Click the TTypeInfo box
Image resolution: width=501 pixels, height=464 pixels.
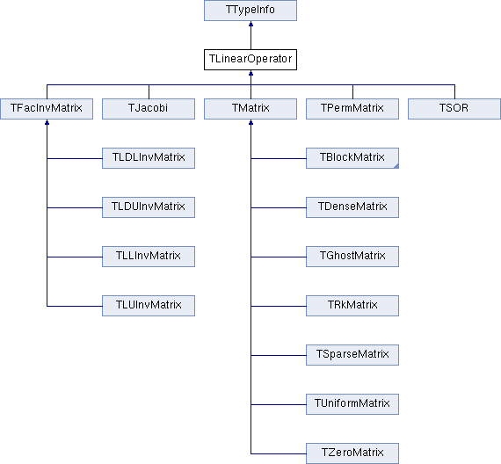[250, 11]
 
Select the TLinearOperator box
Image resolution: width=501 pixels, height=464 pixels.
[250, 60]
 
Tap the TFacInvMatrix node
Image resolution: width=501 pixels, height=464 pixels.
[47, 109]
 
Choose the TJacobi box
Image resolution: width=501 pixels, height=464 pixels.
[149, 109]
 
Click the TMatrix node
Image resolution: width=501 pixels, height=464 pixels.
[250, 109]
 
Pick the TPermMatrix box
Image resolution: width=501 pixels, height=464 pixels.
[352, 109]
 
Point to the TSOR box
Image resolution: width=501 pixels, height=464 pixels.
[454, 109]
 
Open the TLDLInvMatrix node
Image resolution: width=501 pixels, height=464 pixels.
[149, 158]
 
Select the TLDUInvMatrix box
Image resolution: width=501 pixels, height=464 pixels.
[149, 207]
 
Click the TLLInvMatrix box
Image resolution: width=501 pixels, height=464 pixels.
[149, 257]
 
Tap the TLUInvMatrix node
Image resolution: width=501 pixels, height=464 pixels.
[149, 306]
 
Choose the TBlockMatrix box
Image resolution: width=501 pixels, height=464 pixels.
[352, 158]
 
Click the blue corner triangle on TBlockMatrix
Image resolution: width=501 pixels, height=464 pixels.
[396, 166]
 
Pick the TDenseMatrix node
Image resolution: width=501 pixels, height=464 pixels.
[352, 207]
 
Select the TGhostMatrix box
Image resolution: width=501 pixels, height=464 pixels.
[352, 257]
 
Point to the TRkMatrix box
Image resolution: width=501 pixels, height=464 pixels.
[352, 306]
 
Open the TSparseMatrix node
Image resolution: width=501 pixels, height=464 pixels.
[352, 355]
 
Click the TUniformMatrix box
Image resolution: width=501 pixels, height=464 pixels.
[352, 404]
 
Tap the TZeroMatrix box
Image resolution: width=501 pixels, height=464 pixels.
[352, 453]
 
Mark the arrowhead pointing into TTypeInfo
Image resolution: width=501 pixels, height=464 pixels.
[250, 24]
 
